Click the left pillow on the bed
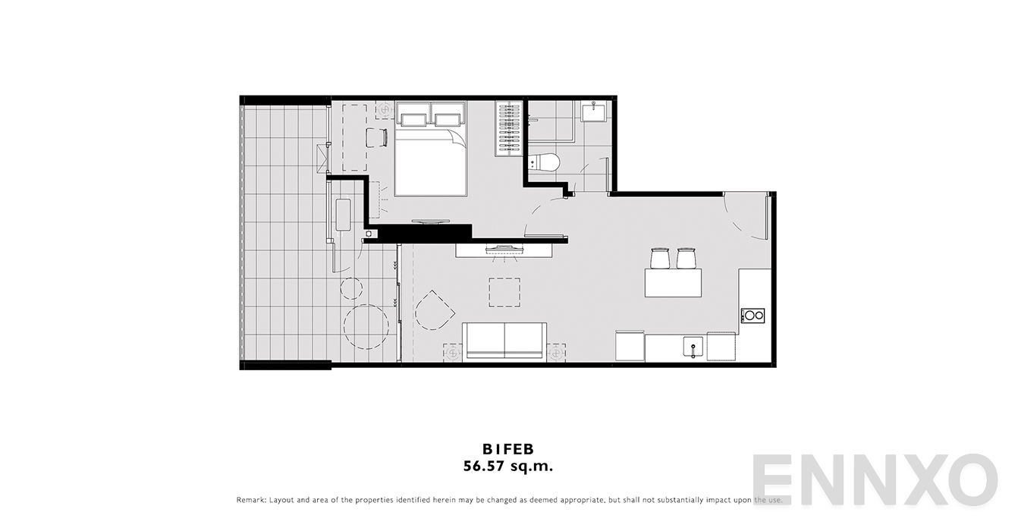coord(413,120)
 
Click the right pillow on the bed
coord(448,120)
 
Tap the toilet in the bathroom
coord(544,162)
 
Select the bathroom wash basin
coord(593,111)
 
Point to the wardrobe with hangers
coord(509,129)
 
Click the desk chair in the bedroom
coord(377,137)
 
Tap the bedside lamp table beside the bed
coord(385,109)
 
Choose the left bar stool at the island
coord(661,258)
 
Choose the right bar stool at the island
coord(686,258)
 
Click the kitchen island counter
coord(673,283)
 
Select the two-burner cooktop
coord(753,316)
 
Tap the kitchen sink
coord(693,347)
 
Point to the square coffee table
coord(504,292)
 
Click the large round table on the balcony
coord(366,326)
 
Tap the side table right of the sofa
coord(556,352)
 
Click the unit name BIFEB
coord(508,449)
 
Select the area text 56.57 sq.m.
coord(508,466)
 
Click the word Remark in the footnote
coord(250,500)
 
